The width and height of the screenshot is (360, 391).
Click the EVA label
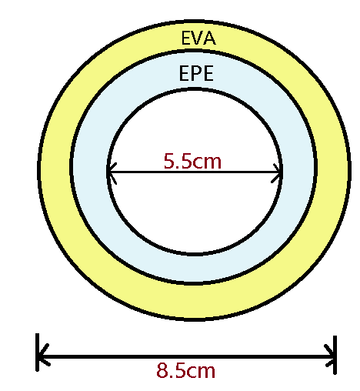pyautogui.click(x=198, y=38)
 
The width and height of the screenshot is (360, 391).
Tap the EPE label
pyautogui.click(x=196, y=73)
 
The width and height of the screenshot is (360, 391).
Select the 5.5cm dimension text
pyautogui.click(x=192, y=161)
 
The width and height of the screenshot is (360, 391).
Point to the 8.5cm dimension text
pyautogui.click(x=185, y=370)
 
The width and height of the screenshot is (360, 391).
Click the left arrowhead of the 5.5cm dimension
pyautogui.click(x=112, y=173)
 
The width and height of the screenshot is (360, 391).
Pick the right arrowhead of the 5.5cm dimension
pyautogui.click(x=276, y=173)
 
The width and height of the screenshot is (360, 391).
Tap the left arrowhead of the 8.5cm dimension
pyautogui.click(x=44, y=355)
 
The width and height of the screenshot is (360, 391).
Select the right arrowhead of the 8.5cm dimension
pyautogui.click(x=330, y=356)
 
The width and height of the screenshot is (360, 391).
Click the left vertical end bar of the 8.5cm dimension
pyautogui.click(x=38, y=353)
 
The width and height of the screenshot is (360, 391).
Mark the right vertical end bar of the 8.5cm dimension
pyautogui.click(x=335, y=355)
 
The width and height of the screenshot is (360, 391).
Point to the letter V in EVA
pyautogui.click(x=198, y=38)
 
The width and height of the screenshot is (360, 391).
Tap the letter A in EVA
pyautogui.click(x=210, y=38)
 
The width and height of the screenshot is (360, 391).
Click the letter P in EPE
pyautogui.click(x=196, y=73)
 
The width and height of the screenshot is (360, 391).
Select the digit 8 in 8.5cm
pyautogui.click(x=162, y=370)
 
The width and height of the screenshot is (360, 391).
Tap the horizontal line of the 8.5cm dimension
pyautogui.click(x=186, y=356)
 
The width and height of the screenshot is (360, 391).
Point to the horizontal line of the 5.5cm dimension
pyautogui.click(x=194, y=172)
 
